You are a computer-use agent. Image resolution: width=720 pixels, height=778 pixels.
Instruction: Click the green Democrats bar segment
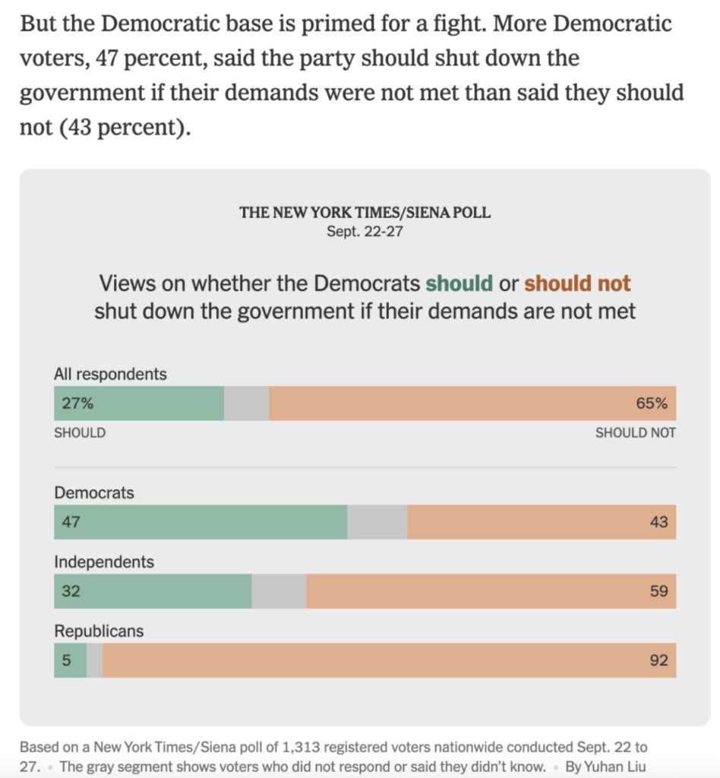[201, 522]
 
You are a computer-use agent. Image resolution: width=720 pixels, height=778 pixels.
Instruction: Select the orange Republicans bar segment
[389, 660]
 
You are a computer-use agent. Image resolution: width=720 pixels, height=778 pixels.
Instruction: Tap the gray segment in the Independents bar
[279, 591]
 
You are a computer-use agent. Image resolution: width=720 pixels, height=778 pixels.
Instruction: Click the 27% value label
[77, 404]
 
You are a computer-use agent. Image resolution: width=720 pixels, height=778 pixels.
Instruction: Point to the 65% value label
[652, 404]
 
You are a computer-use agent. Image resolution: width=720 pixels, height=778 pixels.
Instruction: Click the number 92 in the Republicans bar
[658, 660]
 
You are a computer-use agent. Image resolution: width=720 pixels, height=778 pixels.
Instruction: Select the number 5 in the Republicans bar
[66, 660]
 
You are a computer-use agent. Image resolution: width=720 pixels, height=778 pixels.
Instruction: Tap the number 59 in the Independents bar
[658, 591]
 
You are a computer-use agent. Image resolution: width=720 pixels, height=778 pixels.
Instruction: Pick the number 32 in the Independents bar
[71, 591]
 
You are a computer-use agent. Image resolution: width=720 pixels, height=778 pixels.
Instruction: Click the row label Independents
[104, 562]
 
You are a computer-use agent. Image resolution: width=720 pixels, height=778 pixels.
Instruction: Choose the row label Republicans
[99, 631]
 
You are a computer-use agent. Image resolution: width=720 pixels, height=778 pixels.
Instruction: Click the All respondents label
[110, 374]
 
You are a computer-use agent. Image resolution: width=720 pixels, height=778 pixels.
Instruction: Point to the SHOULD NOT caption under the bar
[635, 433]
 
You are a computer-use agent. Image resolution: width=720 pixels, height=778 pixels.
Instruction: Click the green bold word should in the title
[459, 284]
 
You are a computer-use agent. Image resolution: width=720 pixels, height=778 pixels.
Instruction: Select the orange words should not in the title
[577, 284]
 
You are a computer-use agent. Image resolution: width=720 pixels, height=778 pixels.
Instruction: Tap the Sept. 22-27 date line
[365, 232]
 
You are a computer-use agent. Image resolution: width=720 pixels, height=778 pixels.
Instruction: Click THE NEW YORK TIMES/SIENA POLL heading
[365, 213]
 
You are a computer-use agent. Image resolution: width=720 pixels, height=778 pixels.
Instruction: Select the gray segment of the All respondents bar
[246, 404]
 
